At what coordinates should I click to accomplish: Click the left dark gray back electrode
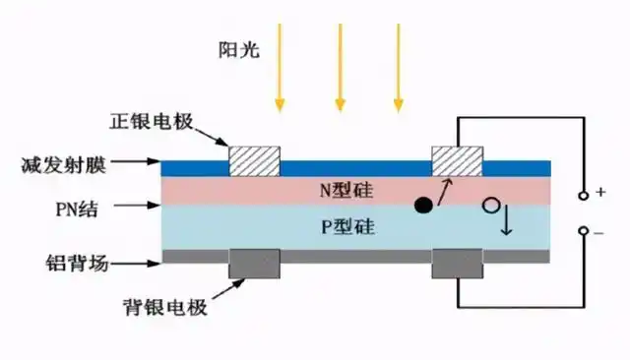(255, 263)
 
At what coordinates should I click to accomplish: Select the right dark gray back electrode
(459, 263)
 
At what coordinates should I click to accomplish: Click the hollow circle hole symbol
(490, 207)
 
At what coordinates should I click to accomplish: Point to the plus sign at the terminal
(601, 194)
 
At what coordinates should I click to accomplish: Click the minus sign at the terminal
(601, 232)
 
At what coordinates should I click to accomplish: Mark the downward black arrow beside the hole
(508, 222)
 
